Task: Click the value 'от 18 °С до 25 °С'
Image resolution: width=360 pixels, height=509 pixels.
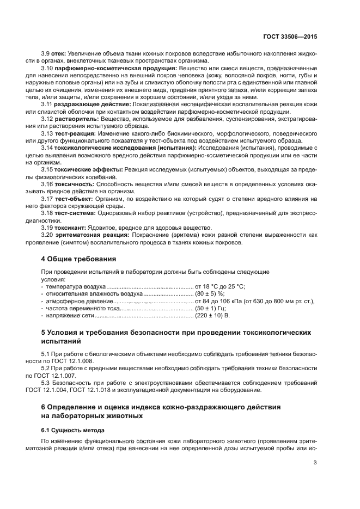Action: pos(220,286)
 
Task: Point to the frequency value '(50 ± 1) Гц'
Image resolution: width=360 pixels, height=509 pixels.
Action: pos(211,308)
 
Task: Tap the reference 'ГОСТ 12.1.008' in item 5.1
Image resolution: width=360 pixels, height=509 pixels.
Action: pos(62,361)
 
